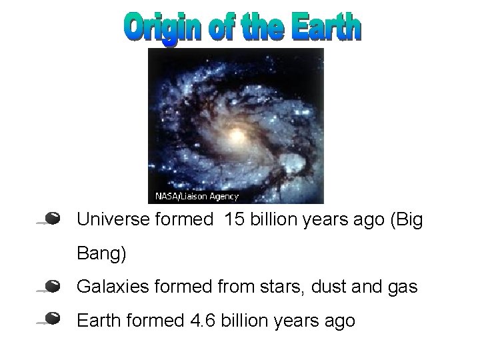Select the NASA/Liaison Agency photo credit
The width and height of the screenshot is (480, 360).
pyautogui.click(x=197, y=196)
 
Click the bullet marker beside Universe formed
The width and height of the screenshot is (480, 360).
pyautogui.click(x=54, y=218)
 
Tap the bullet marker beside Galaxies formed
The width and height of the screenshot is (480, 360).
pyautogui.click(x=54, y=287)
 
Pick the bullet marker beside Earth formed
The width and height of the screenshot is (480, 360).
pyautogui.click(x=54, y=317)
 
